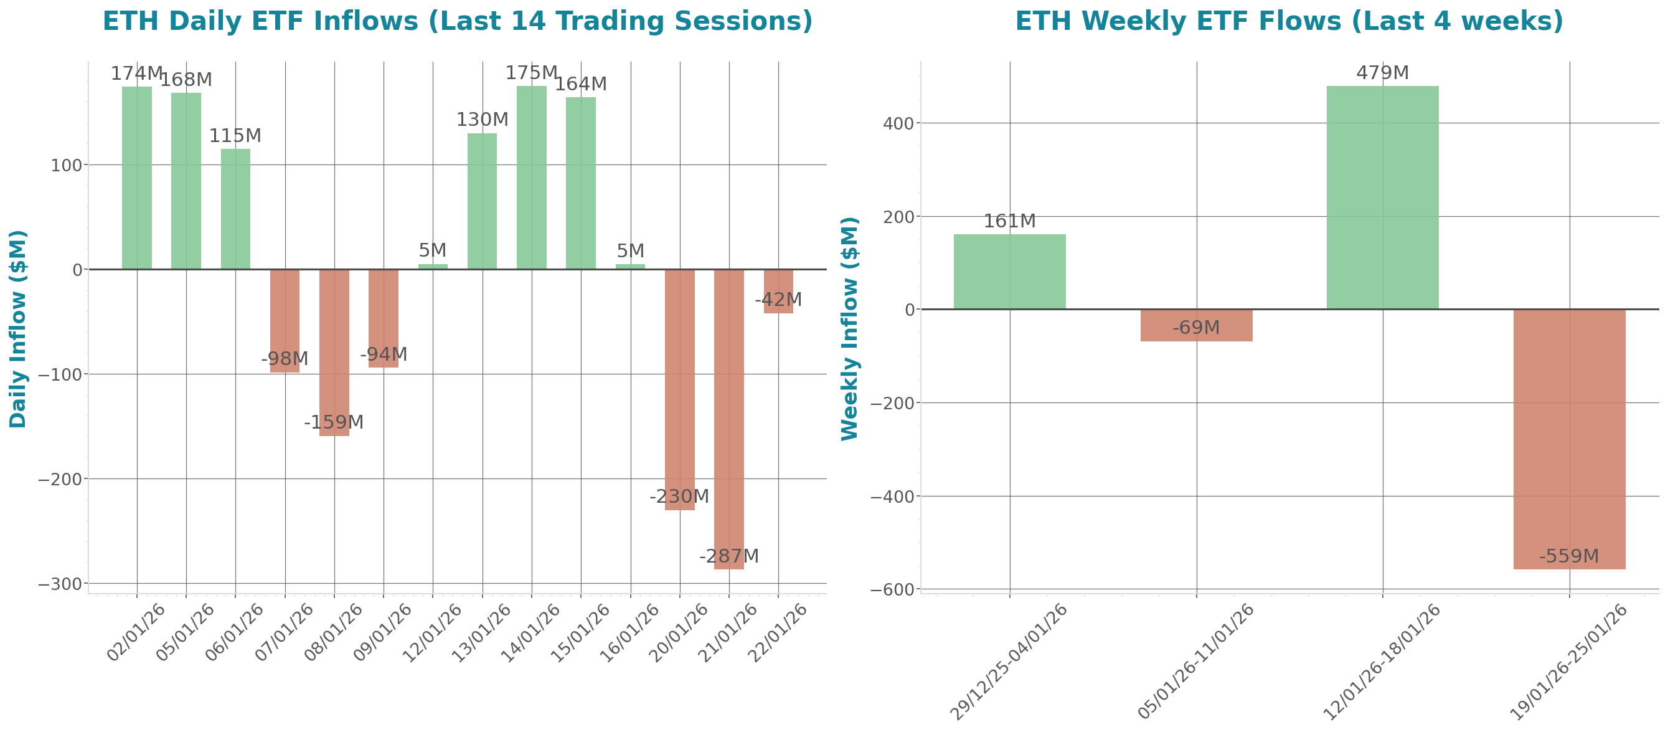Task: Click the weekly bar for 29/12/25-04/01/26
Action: [x=1009, y=272]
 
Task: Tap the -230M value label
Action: [x=679, y=497]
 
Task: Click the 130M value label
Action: [x=482, y=120]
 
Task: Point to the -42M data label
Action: [x=778, y=300]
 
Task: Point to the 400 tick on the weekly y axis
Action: [x=898, y=123]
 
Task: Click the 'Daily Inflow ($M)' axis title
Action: [x=17, y=328]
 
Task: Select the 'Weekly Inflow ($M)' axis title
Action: [x=849, y=328]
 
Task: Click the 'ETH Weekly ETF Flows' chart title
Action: [x=1289, y=21]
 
